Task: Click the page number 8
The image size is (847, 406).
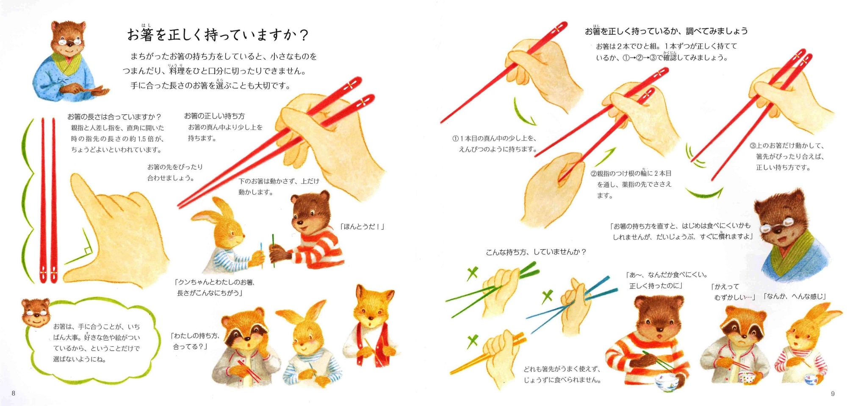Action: pos(14,393)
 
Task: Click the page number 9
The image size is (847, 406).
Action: pos(833,394)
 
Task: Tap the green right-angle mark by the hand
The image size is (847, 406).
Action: pos(79,251)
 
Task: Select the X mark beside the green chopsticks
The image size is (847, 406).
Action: pos(472,273)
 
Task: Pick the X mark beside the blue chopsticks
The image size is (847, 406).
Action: pos(547,296)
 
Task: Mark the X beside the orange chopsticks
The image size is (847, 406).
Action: pos(473,341)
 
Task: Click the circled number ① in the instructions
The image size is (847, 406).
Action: pos(456,138)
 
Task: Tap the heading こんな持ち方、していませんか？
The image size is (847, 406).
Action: pos(536,252)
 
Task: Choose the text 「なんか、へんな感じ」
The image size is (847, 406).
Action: pos(794,296)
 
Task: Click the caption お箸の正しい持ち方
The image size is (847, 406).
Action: pos(214,116)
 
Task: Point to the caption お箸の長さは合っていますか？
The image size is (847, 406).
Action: pos(114,117)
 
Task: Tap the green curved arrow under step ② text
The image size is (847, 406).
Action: pos(704,195)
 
